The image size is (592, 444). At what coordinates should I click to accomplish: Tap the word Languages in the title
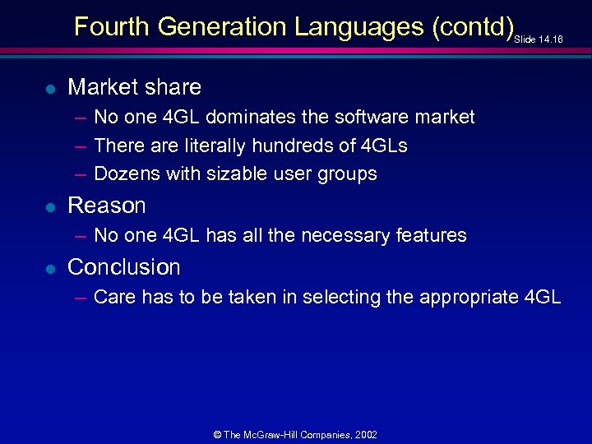click(x=356, y=27)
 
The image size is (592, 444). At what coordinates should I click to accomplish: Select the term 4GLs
click(x=384, y=146)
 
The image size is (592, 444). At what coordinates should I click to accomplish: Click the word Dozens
click(x=127, y=173)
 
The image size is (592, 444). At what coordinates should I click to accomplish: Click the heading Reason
click(x=106, y=205)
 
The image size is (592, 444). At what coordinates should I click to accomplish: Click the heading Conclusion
click(x=123, y=266)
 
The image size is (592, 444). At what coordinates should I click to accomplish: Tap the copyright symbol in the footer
click(x=217, y=434)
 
